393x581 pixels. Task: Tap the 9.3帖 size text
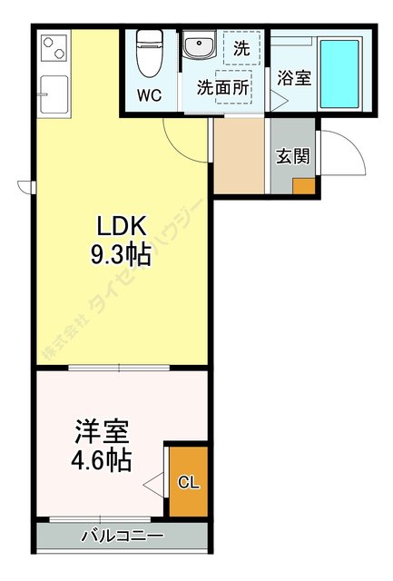(119, 253)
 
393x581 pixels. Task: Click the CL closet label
(188, 482)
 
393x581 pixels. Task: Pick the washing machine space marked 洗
(241, 48)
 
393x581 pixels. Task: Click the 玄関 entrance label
(292, 155)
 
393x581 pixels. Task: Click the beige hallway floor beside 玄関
(241, 155)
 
